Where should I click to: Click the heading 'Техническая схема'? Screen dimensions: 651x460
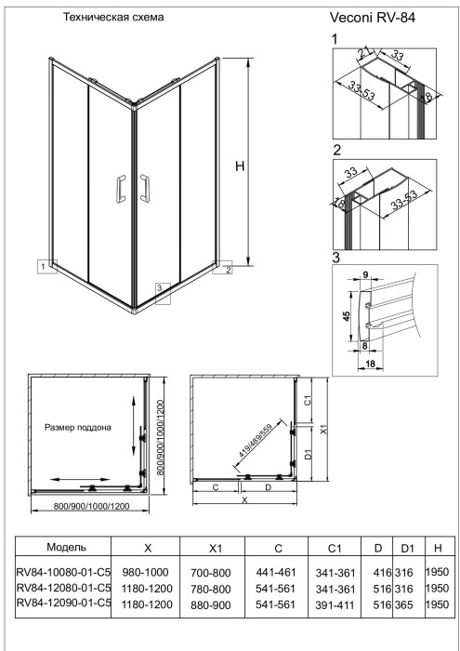point(112,18)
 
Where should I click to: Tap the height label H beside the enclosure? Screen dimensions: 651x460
point(240,166)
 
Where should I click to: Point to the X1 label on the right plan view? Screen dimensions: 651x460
point(324,431)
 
